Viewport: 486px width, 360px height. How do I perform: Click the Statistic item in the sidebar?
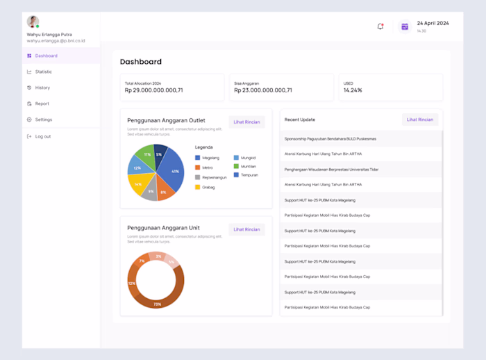tap(43, 72)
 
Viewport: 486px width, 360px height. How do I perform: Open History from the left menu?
tap(42, 88)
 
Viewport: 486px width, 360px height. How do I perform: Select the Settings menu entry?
tap(43, 120)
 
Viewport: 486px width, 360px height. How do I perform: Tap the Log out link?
tap(42, 136)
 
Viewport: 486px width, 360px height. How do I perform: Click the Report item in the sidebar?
tap(42, 104)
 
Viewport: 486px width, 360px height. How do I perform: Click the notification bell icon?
tap(380, 26)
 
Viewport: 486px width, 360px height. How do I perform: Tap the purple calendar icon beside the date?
tap(405, 26)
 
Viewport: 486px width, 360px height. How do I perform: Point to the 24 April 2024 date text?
tap(433, 23)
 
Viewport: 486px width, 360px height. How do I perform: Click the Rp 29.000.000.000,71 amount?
tap(154, 90)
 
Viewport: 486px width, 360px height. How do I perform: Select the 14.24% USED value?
tap(353, 90)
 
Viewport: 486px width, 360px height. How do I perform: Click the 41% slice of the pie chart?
tap(173, 171)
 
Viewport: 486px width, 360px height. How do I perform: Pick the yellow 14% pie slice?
tap(137, 183)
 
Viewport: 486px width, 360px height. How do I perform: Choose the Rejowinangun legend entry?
tap(214, 177)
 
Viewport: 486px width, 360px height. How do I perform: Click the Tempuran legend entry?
tap(249, 175)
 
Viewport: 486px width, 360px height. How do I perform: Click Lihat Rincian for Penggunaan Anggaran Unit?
tap(246, 229)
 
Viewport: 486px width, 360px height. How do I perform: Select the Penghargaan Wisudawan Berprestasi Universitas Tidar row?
tap(331, 169)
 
